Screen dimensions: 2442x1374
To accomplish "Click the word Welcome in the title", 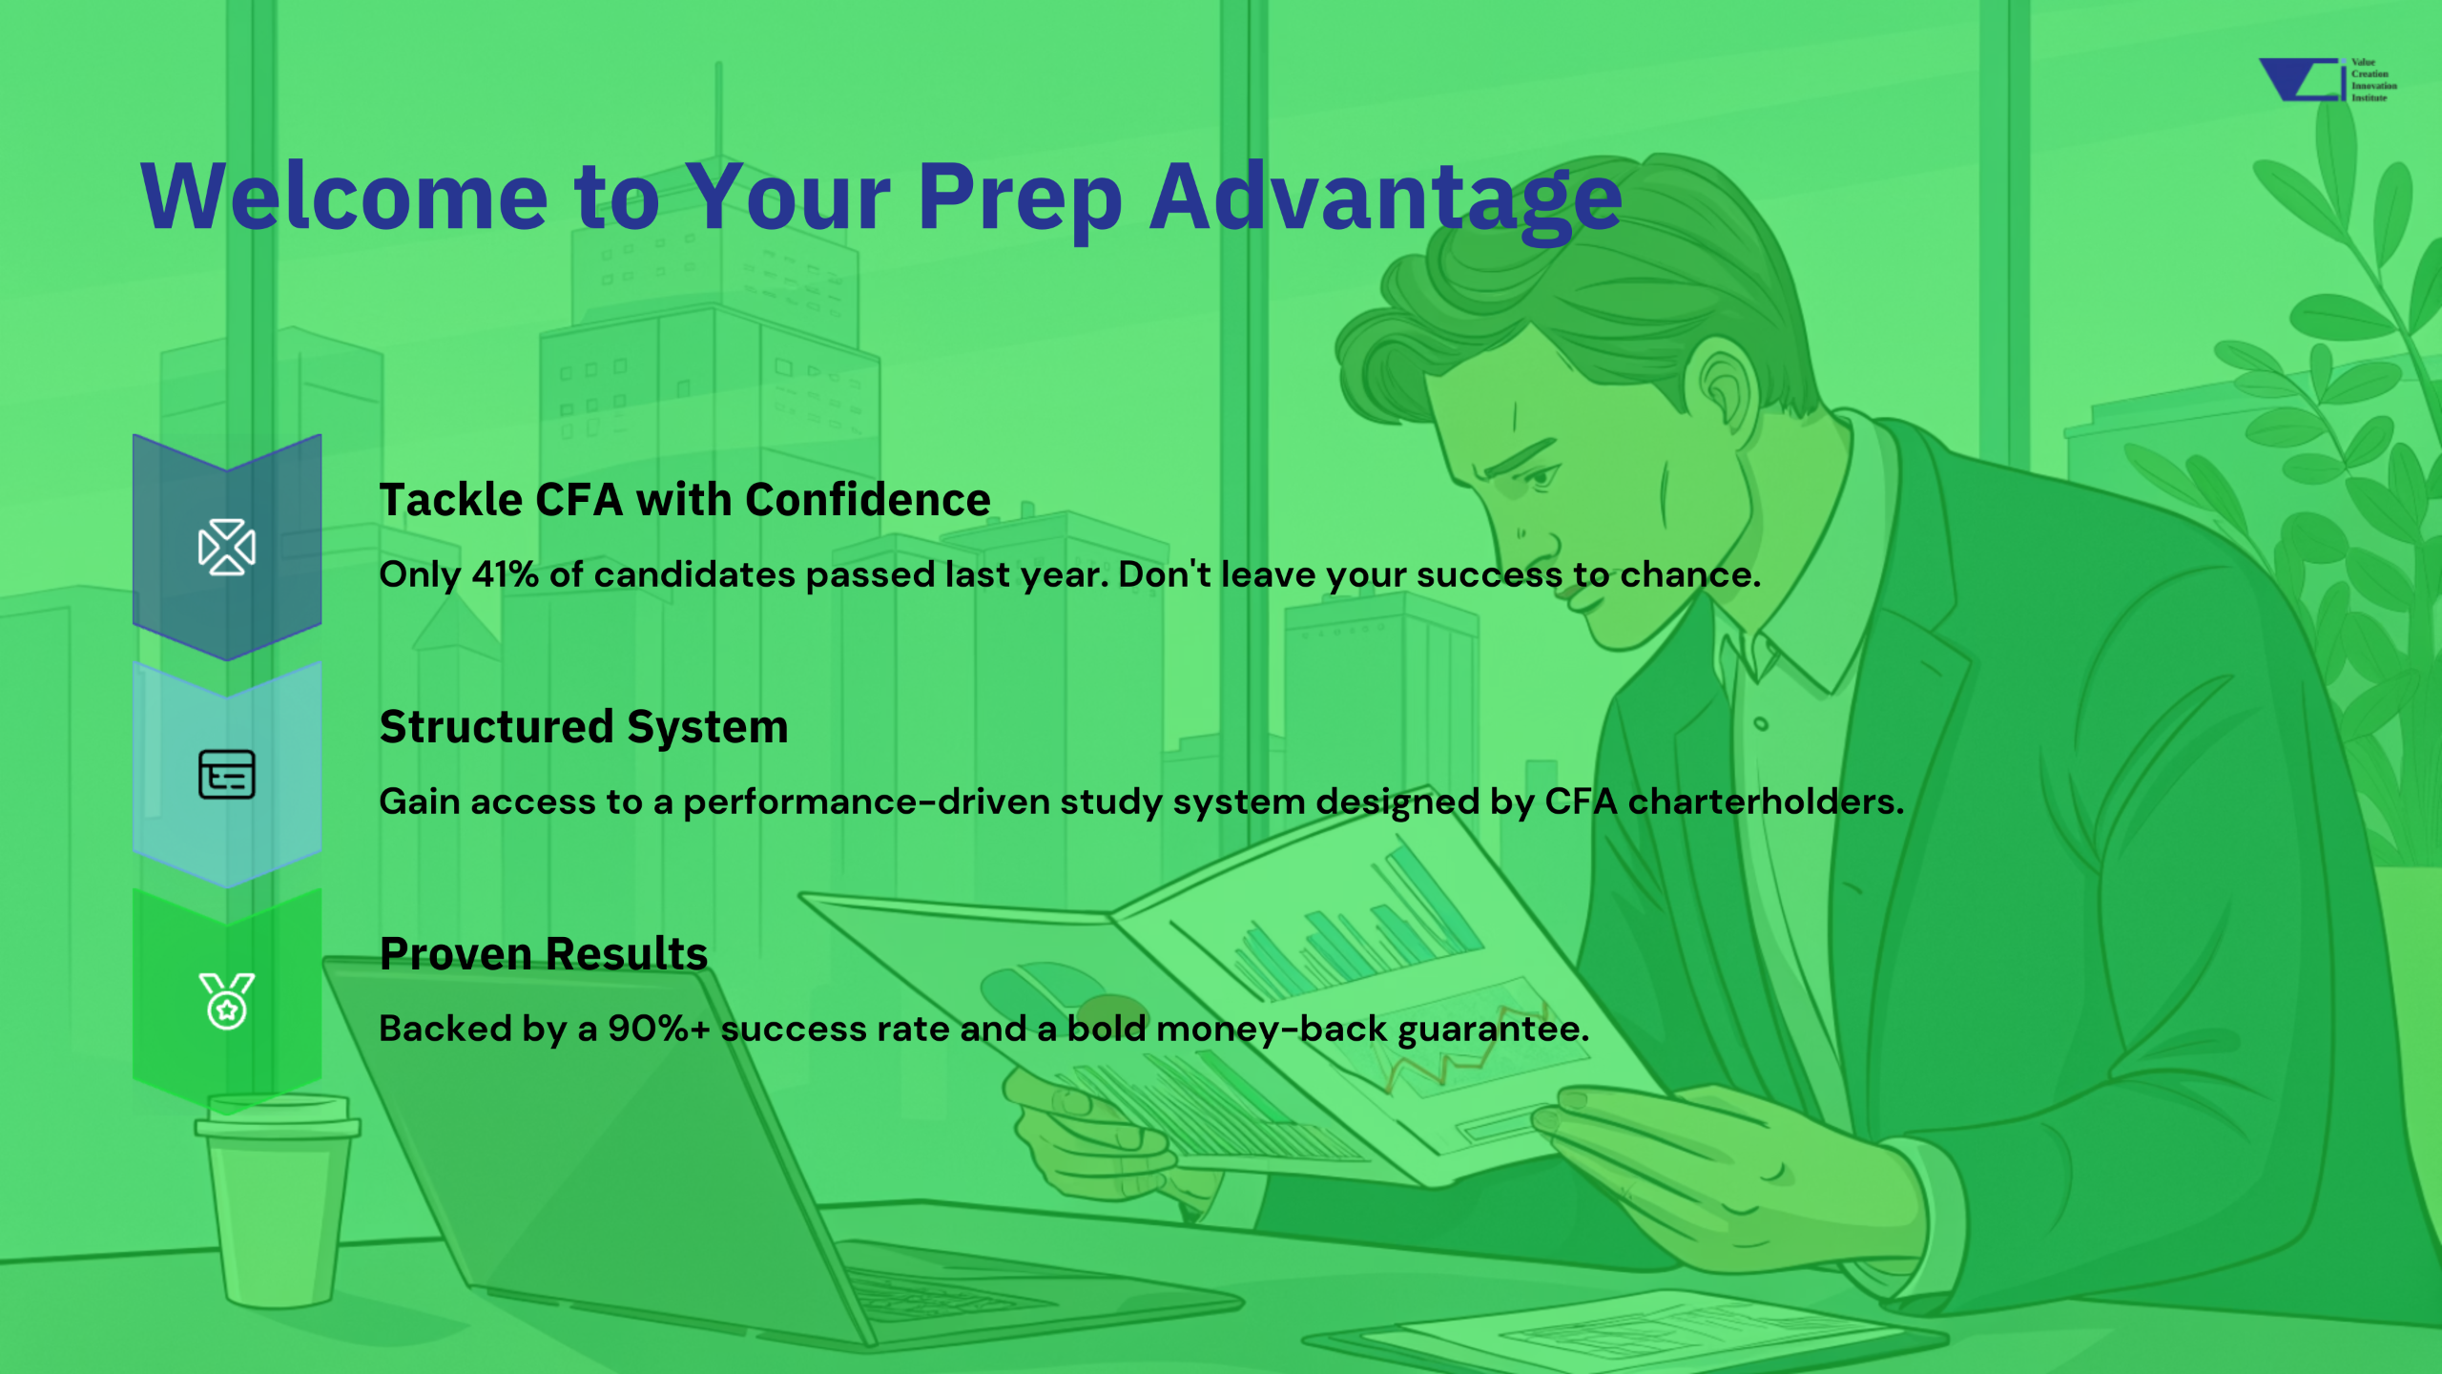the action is tap(344, 197).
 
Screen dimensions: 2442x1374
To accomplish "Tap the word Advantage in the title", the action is tap(1385, 200).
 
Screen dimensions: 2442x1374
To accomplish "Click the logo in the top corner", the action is tap(2328, 80).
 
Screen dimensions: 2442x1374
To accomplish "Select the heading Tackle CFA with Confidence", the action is tap(685, 500).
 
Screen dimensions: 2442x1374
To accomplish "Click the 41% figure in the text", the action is tap(506, 574).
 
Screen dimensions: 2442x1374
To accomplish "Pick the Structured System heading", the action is tap(584, 727).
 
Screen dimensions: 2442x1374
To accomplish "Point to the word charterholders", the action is tap(1766, 801).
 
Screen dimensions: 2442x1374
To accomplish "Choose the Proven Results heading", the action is tap(544, 954).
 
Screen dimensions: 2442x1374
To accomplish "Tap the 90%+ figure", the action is tap(659, 1029).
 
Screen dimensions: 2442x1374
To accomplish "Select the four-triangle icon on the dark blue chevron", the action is tap(227, 548).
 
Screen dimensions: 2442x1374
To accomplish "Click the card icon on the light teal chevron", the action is tap(227, 774).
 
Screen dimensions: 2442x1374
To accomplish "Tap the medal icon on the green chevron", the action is tap(227, 1001).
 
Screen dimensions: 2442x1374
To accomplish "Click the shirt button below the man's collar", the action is tap(1761, 724).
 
